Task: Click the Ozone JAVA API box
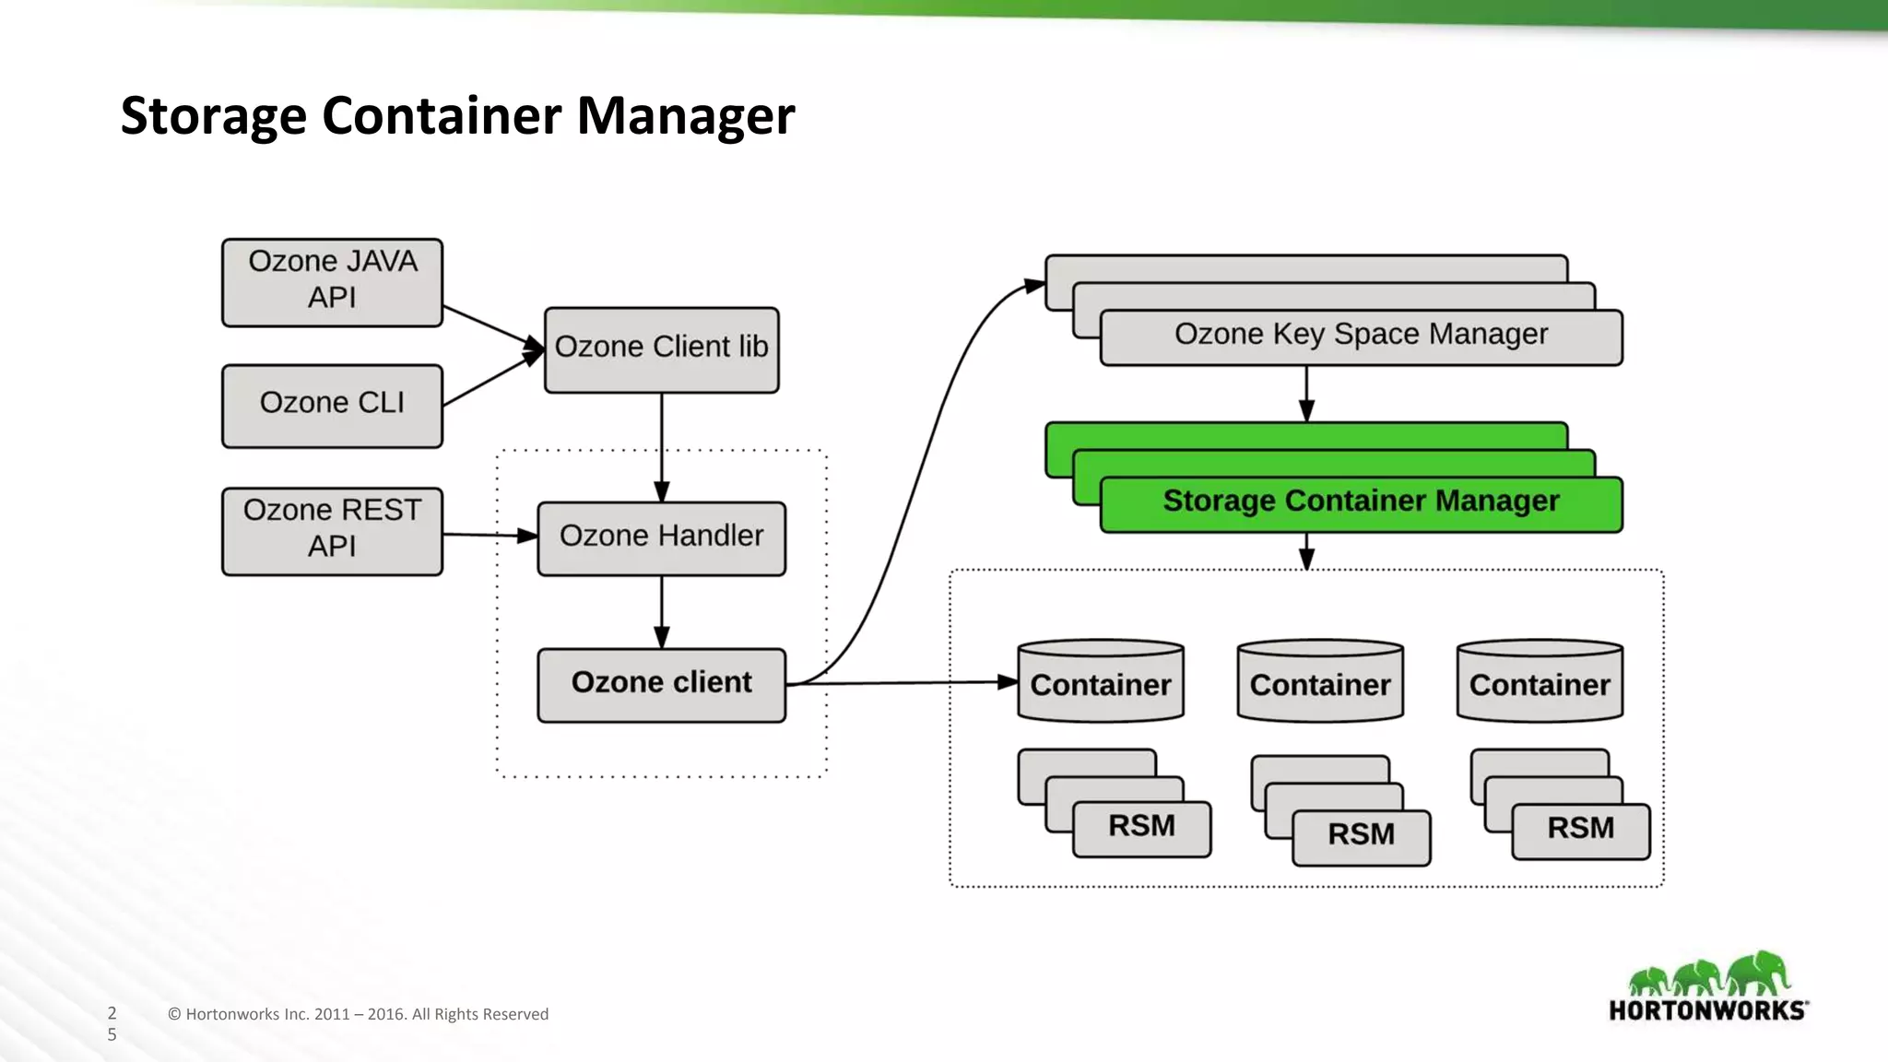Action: [332, 282]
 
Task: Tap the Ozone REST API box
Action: [332, 531]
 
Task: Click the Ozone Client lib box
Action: [661, 349]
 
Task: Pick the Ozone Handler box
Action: [661, 538]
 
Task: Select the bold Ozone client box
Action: [661, 685]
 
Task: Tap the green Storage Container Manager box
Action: [1361, 503]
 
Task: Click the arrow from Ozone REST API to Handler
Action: [489, 535]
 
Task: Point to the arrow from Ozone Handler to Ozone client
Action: [661, 612]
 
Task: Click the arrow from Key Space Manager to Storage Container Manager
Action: [1306, 394]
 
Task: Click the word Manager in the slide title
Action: [685, 117]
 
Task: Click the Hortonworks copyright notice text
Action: [358, 1014]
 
